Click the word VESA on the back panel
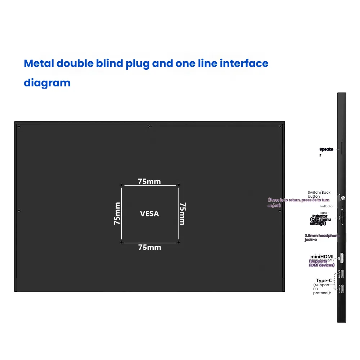pos(149,214)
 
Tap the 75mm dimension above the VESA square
pos(149,181)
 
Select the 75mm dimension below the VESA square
pos(149,247)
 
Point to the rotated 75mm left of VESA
pos(117,214)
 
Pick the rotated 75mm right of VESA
pos(182,214)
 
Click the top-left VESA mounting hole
pos(122,185)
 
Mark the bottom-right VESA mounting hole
pos(179,242)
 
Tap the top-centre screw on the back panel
pos(149,126)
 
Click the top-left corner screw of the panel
pos(19,126)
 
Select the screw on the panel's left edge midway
pos(19,211)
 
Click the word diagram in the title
pos(47,83)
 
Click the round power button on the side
pos(342,198)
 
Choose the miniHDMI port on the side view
pos(342,258)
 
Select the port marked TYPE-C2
pos(342,274)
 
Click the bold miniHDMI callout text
pos(322,257)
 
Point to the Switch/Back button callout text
pos(319,194)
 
